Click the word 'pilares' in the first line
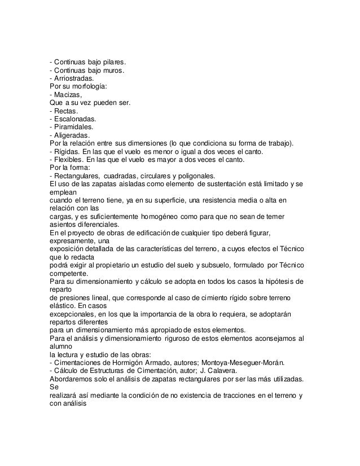[x=113, y=61]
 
